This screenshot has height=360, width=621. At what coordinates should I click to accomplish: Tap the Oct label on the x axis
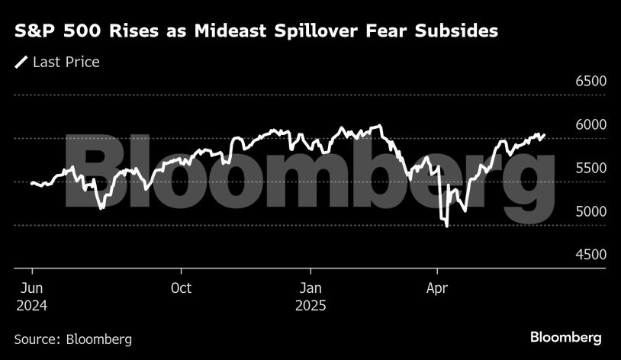pyautogui.click(x=181, y=288)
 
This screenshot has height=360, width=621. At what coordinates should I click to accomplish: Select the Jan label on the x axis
pyautogui.click(x=310, y=288)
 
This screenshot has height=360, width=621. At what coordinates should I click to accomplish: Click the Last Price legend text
pyautogui.click(x=66, y=62)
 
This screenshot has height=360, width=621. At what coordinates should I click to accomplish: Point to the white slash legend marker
pyautogui.click(x=21, y=62)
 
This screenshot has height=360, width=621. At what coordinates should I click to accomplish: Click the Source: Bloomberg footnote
pyautogui.click(x=73, y=339)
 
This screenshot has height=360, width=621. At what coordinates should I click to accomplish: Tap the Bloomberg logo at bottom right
pyautogui.click(x=566, y=337)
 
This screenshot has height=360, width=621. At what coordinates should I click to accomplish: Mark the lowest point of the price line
pyautogui.click(x=446, y=226)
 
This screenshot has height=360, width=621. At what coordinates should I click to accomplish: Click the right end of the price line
pyautogui.click(x=545, y=135)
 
